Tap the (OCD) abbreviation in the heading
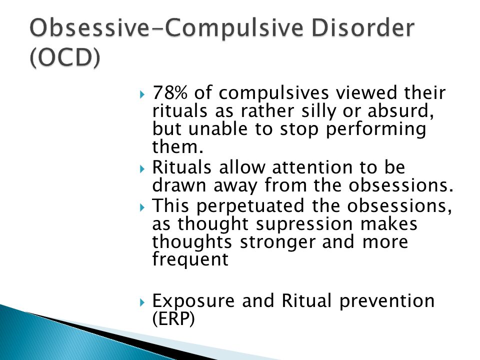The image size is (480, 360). [65, 57]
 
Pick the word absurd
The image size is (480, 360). [400, 111]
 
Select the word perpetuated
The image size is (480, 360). [250, 206]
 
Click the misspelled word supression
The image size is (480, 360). [304, 224]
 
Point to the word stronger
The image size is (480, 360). [277, 242]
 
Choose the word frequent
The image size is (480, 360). [190, 259]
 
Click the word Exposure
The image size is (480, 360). [193, 301]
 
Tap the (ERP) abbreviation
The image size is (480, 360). [173, 319]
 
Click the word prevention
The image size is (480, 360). [387, 301]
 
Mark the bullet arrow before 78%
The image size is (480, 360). [141, 94]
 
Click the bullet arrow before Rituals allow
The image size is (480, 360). [141, 168]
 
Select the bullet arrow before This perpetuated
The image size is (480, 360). [141, 207]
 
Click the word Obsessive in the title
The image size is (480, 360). [89, 28]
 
